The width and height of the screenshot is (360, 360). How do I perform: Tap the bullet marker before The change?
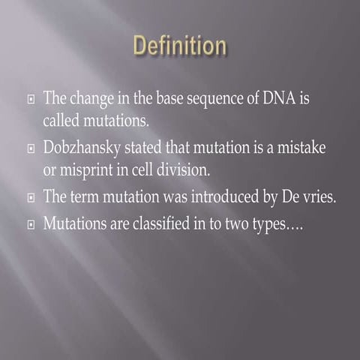pos(29,100)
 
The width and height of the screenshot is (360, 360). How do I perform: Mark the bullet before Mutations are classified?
pos(29,224)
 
